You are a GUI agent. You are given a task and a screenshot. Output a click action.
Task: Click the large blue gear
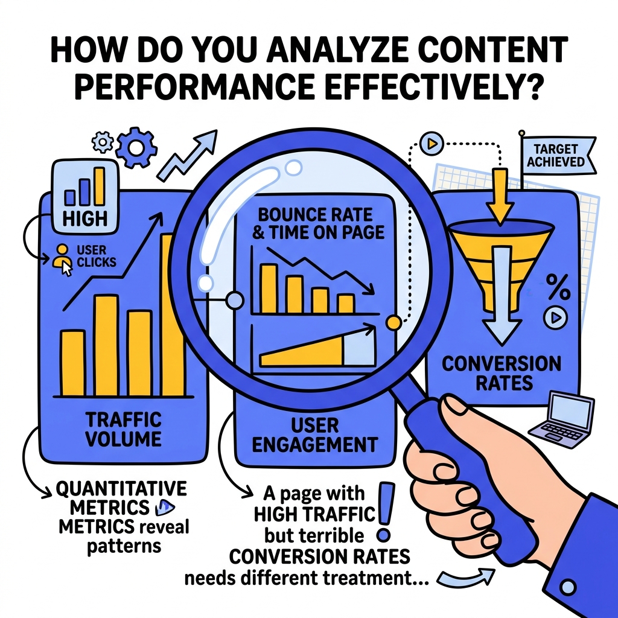pyautogui.click(x=136, y=148)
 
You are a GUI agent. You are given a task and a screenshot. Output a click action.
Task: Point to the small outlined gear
pyautogui.click(x=103, y=142)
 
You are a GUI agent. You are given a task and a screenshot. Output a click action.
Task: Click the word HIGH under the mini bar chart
pyautogui.click(x=84, y=218)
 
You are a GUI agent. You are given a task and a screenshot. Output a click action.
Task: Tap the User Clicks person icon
pyautogui.click(x=63, y=260)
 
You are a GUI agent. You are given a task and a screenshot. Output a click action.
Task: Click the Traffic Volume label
pyautogui.click(x=124, y=429)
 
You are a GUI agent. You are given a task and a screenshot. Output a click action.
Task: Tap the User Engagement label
pyautogui.click(x=314, y=436)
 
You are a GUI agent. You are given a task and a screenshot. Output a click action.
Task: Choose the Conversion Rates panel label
pyautogui.click(x=502, y=373)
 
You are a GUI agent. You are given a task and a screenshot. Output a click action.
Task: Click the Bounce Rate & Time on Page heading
pyautogui.click(x=318, y=223)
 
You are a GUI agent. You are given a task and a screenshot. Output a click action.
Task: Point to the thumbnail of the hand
pyautogui.click(x=454, y=406)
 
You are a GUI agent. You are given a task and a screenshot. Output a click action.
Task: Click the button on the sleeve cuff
pyautogui.click(x=568, y=587)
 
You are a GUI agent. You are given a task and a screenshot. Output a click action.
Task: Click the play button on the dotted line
pyautogui.click(x=432, y=144)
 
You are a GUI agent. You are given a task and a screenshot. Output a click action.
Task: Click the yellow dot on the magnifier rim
pyautogui.click(x=393, y=322)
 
